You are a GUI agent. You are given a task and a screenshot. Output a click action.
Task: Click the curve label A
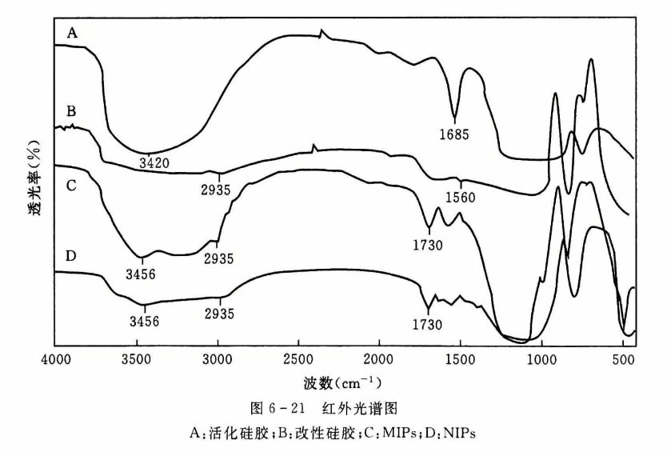[72, 32]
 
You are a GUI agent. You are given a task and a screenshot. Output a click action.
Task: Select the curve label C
[72, 186]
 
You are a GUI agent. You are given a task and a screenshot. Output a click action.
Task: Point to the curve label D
[72, 256]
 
